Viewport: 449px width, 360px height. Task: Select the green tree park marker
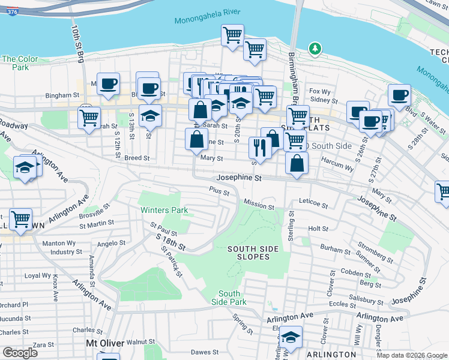click(313, 49)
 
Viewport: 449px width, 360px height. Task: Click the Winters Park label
click(164, 211)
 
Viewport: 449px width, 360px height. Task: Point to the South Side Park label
click(229, 298)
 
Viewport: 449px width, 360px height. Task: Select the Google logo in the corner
click(20, 353)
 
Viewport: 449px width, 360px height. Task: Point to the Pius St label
click(219, 193)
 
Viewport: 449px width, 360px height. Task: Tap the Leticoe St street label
click(313, 205)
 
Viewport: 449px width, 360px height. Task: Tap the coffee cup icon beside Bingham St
click(108, 85)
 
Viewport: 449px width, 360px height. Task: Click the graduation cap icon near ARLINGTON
click(291, 338)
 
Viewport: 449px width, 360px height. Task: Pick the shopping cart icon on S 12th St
click(89, 118)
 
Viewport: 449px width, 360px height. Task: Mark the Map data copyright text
click(412, 355)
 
